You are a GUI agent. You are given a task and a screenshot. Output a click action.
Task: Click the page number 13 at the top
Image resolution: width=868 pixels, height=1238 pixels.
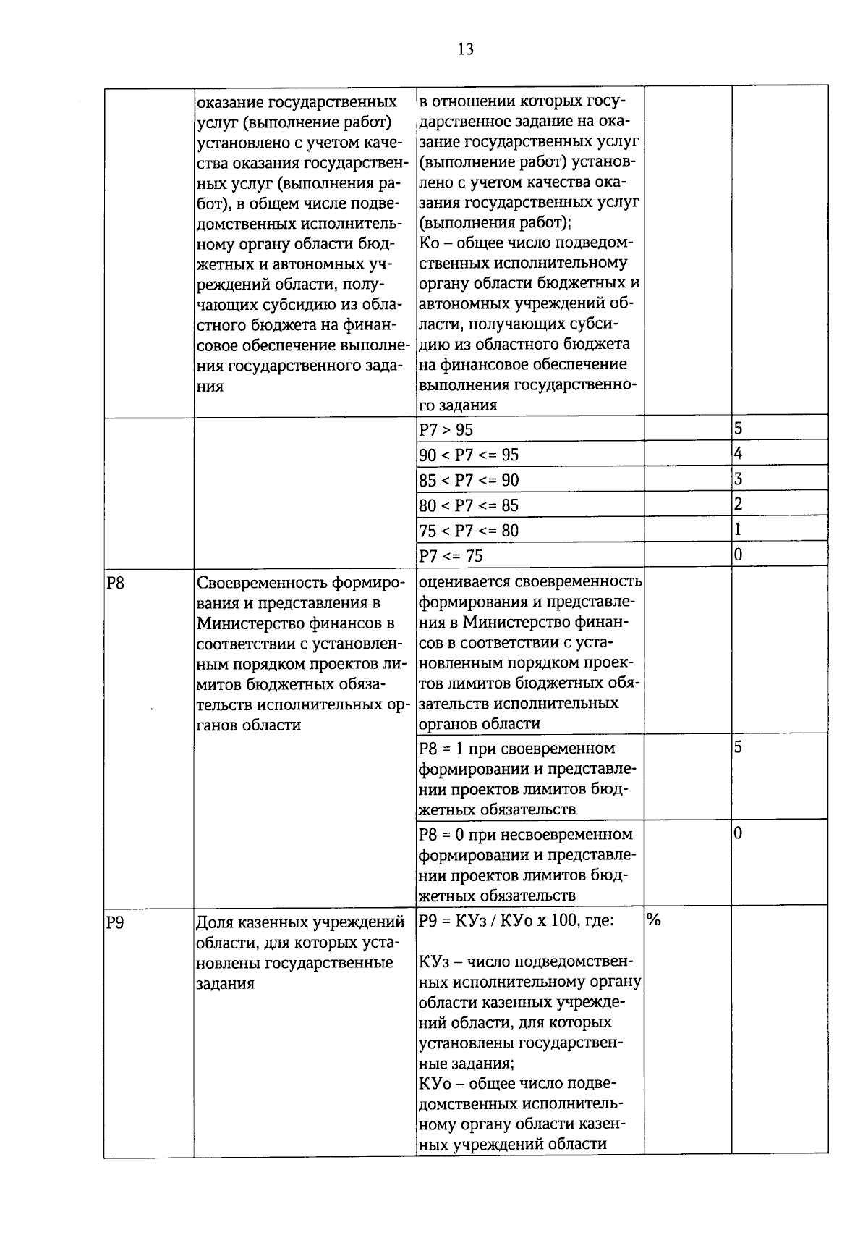coord(465,49)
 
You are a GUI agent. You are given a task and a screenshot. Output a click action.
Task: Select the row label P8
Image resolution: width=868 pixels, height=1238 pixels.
coord(115,581)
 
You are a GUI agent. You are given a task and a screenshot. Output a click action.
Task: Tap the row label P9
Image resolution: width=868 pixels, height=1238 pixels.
coord(115,922)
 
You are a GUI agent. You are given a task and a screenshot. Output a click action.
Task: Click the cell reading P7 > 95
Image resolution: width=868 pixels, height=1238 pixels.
coord(446,430)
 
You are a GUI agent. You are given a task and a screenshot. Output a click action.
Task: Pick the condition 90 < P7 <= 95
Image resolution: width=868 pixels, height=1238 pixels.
coord(469,455)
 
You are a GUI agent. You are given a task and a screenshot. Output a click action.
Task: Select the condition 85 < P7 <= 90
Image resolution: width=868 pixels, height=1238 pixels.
coord(469,480)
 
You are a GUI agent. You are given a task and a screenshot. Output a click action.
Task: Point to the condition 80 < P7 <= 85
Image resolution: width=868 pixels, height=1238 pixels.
coord(469,505)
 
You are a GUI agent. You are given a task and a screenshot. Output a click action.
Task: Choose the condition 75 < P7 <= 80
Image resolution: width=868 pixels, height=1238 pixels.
coord(469,531)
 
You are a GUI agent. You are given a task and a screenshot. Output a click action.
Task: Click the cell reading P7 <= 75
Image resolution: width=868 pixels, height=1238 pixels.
coord(451,556)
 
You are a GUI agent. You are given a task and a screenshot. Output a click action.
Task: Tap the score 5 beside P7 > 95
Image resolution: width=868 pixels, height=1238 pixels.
coord(738,429)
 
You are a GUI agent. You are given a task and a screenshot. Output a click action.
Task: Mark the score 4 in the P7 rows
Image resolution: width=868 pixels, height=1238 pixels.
coord(738,454)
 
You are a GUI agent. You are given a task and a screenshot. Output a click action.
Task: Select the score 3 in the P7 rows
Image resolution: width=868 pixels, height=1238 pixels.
coord(738,479)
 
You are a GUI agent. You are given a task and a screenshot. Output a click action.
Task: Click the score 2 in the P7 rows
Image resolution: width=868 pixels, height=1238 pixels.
coord(738,505)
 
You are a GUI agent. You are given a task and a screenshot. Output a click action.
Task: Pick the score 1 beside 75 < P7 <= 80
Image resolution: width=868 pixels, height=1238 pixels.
coord(738,530)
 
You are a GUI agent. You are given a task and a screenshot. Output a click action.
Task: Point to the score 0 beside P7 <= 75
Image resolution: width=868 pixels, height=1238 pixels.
coord(738,555)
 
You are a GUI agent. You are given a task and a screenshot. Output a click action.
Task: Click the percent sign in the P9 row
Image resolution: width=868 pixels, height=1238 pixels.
coord(654,920)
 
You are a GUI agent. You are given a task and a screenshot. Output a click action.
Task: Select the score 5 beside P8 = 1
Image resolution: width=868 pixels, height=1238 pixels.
coord(738,747)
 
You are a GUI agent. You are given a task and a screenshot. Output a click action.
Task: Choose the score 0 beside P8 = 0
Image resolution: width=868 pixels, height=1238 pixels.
coord(738,833)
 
